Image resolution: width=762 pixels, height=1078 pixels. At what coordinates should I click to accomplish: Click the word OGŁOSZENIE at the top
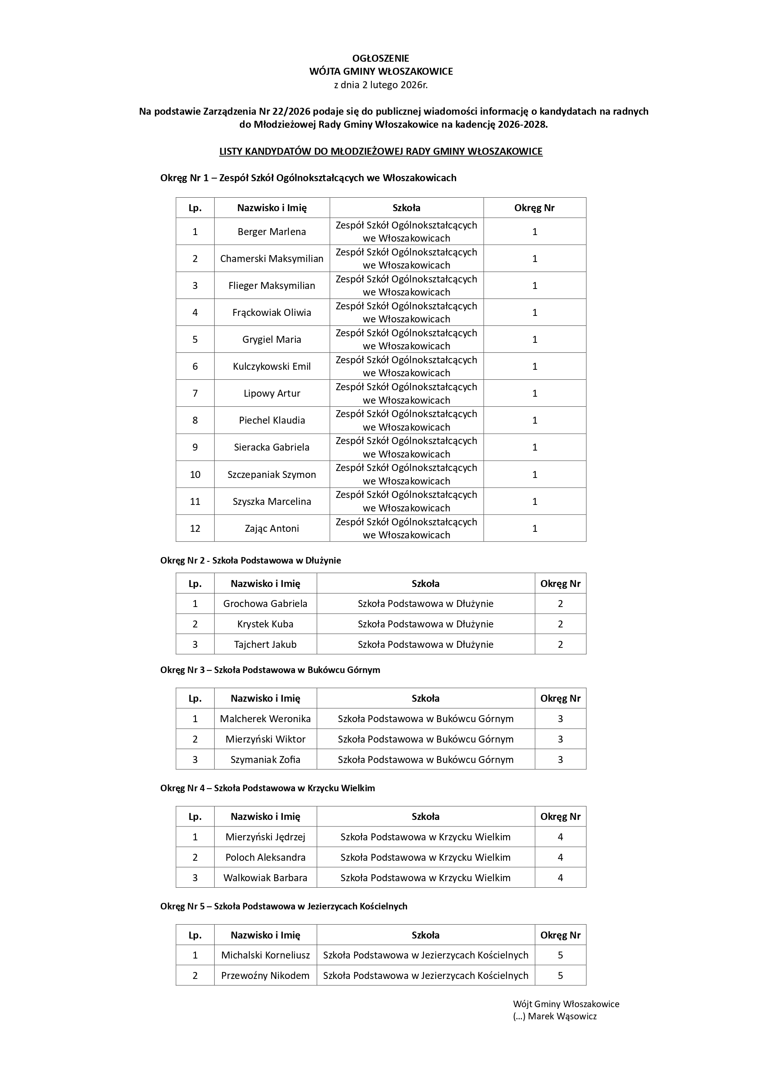(x=381, y=58)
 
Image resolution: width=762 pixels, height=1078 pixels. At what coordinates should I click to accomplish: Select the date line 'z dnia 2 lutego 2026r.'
(x=381, y=85)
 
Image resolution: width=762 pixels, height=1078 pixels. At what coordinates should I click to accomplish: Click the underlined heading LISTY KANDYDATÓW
(x=381, y=151)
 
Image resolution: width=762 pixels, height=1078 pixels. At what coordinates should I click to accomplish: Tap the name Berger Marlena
(x=272, y=232)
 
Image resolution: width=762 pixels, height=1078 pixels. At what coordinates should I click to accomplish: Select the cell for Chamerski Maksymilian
(x=272, y=258)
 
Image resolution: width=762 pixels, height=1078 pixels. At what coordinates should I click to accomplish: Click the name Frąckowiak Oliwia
(x=272, y=312)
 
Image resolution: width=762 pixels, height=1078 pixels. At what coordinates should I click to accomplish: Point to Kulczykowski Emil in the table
(x=272, y=366)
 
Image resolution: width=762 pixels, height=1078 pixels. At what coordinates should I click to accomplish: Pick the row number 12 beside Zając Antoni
(x=195, y=528)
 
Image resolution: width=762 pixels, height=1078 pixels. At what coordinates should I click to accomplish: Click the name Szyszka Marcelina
(x=272, y=501)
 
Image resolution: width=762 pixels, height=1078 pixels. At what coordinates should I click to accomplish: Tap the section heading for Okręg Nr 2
(x=250, y=560)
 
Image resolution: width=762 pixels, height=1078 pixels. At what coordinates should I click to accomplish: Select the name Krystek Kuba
(x=265, y=624)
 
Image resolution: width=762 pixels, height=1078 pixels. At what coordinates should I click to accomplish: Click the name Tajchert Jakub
(x=265, y=644)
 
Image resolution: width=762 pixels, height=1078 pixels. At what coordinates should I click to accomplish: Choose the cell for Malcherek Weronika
(x=265, y=718)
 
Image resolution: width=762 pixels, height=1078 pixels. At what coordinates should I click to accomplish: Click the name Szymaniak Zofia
(x=265, y=759)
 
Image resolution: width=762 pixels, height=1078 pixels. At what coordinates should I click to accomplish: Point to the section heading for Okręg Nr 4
(x=267, y=788)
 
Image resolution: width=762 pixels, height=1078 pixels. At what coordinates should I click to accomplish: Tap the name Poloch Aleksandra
(x=265, y=857)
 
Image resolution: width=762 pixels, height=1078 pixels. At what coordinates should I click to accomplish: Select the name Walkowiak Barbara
(x=265, y=878)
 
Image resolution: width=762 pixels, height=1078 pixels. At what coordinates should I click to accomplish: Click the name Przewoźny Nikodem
(x=265, y=975)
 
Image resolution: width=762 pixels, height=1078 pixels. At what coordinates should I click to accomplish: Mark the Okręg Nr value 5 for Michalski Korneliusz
(x=560, y=955)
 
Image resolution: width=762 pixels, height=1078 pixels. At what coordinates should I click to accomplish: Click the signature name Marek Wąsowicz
(x=562, y=1016)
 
